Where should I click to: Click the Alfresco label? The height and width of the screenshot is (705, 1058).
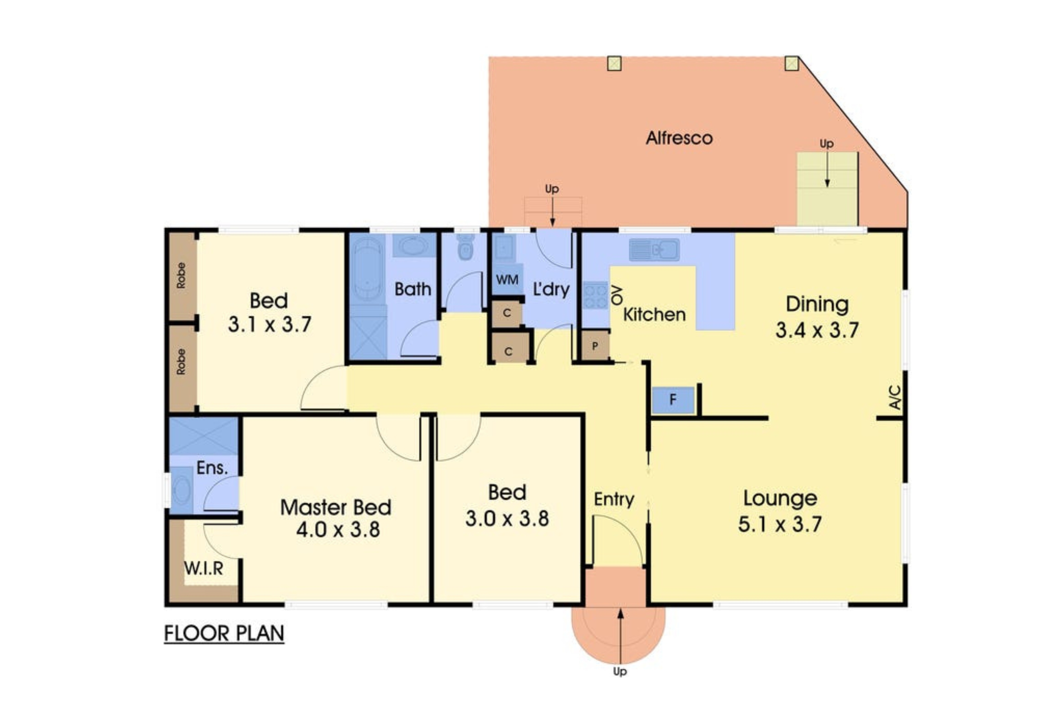(x=679, y=138)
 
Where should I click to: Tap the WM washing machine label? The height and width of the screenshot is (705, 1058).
(x=507, y=280)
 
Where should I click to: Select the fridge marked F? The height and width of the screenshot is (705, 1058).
(x=673, y=400)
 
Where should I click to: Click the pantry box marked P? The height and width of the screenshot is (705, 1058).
(x=595, y=346)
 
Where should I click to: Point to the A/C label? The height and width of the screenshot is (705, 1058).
(x=895, y=398)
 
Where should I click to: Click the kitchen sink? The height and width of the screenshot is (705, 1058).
(x=654, y=250)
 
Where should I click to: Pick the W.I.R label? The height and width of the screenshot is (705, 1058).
(x=204, y=568)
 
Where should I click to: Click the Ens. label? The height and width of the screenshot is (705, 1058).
(x=212, y=468)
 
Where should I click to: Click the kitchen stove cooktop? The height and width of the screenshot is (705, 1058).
(x=595, y=295)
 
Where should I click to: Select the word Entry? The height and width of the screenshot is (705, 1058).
(x=614, y=499)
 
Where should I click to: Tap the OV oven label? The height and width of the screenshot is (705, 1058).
(x=617, y=295)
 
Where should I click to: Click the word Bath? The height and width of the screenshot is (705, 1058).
(x=413, y=289)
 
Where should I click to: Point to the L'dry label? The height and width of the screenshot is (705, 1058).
(x=551, y=289)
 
